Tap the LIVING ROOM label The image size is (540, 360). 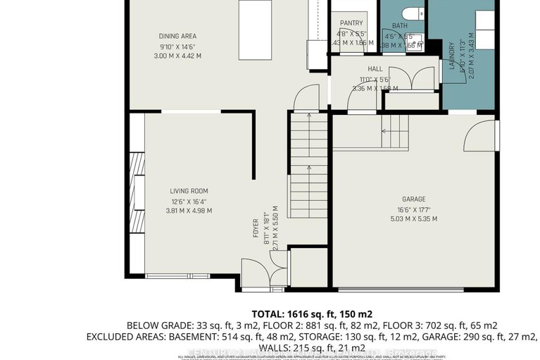[189, 191]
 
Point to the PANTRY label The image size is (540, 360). [351, 23]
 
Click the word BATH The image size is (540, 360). [400, 26]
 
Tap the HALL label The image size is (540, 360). [375, 69]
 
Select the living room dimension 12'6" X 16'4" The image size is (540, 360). [189, 201]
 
